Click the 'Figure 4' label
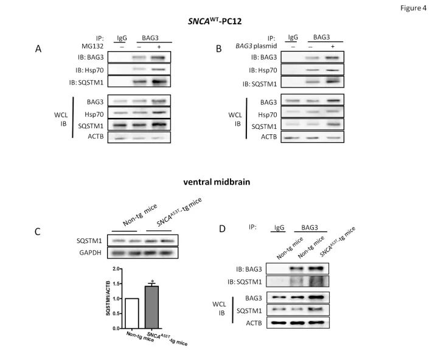coord(413,8)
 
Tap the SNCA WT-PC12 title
coord(215,21)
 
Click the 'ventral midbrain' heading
coord(217,182)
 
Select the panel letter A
coord(38,49)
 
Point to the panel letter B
coord(219,49)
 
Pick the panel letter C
coord(38,232)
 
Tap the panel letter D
coord(222,229)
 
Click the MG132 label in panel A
coord(92,46)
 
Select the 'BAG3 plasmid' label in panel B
coord(256,46)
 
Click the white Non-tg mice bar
coord(132,314)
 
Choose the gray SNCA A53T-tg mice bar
coord(151,307)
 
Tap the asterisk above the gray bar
coord(152,281)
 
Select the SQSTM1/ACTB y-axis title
coord(108,298)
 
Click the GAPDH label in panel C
coord(90,253)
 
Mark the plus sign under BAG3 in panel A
coord(159,47)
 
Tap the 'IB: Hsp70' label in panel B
coord(263,70)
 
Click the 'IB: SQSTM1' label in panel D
coord(245,282)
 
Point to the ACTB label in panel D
coord(254,323)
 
